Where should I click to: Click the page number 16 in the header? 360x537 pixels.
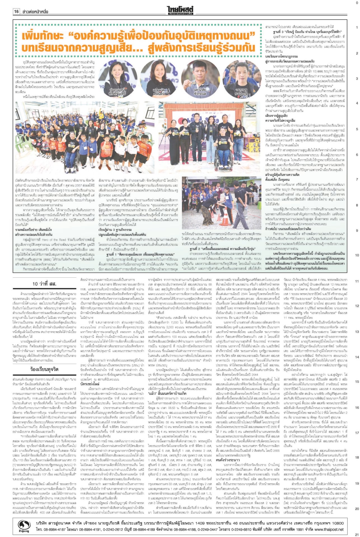coord(16,11)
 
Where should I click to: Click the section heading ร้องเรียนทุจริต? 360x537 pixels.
coord(45,369)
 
